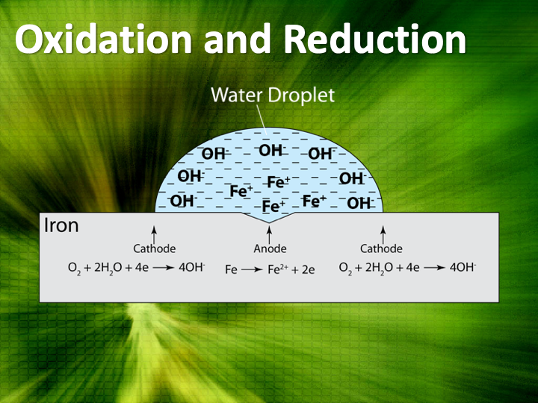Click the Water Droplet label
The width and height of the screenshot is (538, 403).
pyautogui.click(x=273, y=95)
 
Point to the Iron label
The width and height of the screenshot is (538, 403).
pyautogui.click(x=61, y=225)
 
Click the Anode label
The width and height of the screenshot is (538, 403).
pyautogui.click(x=270, y=249)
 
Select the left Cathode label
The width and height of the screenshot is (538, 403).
pyautogui.click(x=155, y=249)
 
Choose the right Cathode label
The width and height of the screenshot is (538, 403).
pyautogui.click(x=381, y=249)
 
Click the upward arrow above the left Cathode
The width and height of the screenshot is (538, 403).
pyautogui.click(x=154, y=234)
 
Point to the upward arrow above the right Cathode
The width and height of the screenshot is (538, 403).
pyautogui.click(x=383, y=234)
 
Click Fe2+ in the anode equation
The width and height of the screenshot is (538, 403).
pyautogui.click(x=278, y=269)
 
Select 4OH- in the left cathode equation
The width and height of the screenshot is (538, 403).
pyautogui.click(x=192, y=267)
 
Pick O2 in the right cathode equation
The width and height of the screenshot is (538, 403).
pyautogui.click(x=345, y=268)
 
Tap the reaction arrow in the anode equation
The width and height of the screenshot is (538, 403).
pyautogui.click(x=252, y=270)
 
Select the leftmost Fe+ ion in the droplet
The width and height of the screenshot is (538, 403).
pyautogui.click(x=241, y=191)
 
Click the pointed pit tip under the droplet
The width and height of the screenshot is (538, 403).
pyautogui.click(x=269, y=223)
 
